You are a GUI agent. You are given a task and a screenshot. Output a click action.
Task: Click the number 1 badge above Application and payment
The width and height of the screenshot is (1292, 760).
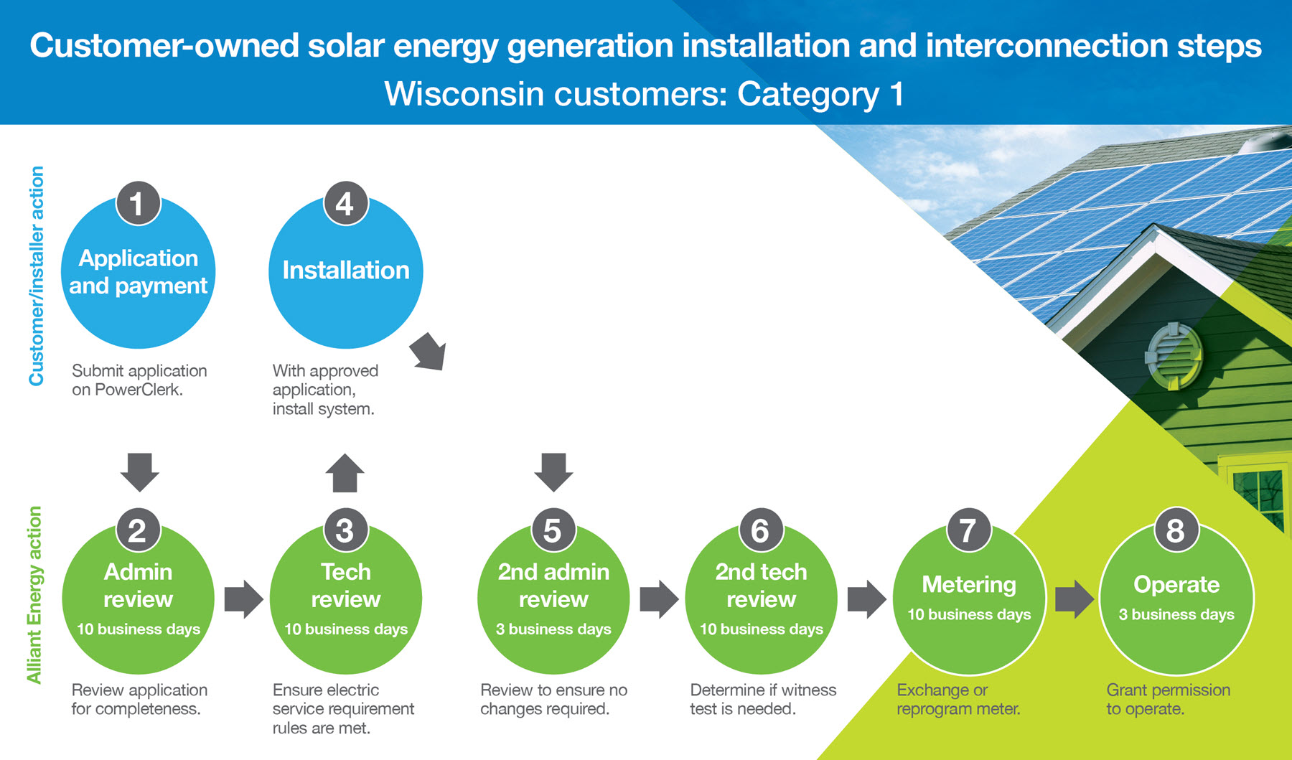(x=138, y=203)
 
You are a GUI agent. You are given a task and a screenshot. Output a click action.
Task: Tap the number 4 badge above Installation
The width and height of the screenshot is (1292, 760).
(x=345, y=203)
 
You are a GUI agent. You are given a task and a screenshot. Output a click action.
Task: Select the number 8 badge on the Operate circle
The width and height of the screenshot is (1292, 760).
(x=1176, y=530)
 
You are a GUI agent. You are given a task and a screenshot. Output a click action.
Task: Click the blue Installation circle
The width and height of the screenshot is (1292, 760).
(x=345, y=271)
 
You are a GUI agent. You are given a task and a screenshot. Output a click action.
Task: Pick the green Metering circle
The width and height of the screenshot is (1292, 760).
(x=969, y=598)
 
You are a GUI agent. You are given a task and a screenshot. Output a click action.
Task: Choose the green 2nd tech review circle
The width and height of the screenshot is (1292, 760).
(x=761, y=598)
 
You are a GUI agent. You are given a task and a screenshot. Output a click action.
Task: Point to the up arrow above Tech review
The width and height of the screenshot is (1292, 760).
(x=345, y=473)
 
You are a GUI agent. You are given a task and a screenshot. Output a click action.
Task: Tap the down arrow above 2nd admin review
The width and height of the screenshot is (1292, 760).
(x=553, y=472)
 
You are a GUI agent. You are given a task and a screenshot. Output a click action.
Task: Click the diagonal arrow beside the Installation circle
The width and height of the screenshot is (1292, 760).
(x=429, y=352)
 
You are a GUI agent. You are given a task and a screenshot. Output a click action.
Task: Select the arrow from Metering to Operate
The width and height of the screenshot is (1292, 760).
(x=1075, y=599)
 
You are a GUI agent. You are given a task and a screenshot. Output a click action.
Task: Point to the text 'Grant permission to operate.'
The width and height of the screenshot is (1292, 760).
(x=1168, y=699)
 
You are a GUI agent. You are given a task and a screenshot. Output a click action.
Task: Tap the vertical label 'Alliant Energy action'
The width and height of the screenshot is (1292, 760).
(x=34, y=595)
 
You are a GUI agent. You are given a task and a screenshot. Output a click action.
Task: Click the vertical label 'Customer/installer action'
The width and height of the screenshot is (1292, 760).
(x=36, y=276)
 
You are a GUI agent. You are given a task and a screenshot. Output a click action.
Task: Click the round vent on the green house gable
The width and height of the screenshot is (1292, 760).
(x=1174, y=355)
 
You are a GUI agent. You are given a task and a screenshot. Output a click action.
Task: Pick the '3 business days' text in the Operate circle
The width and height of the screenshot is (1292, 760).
(x=1176, y=614)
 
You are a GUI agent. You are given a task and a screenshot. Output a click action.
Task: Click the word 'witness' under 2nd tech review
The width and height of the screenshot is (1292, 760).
(x=808, y=690)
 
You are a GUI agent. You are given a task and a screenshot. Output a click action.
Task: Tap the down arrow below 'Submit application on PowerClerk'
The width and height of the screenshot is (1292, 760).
(x=139, y=472)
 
